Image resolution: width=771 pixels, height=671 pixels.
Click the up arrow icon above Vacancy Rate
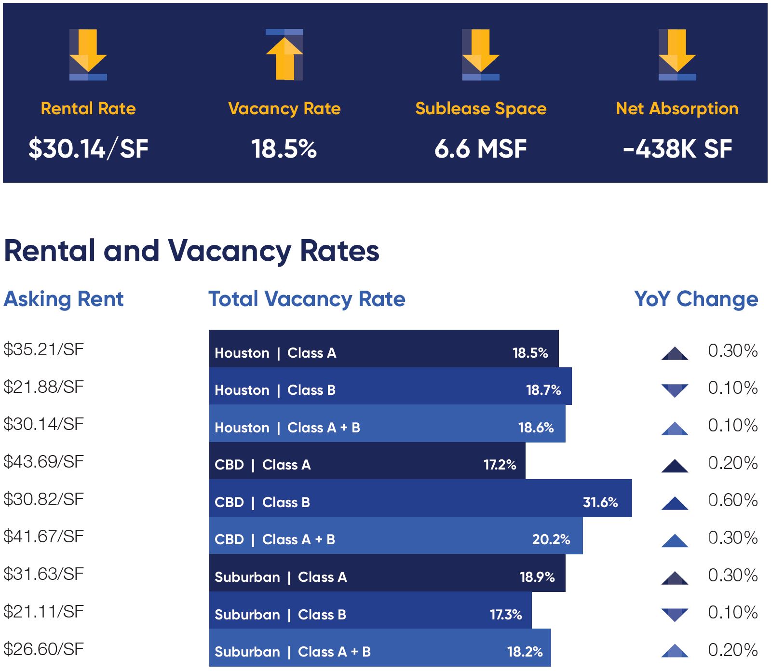tap(284, 54)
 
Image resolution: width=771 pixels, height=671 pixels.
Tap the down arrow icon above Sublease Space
tap(481, 54)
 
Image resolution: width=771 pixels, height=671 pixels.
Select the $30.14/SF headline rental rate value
tap(88, 148)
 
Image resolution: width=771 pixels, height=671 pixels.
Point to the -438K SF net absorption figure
tap(677, 148)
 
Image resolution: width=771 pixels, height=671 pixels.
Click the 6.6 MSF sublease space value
tap(480, 148)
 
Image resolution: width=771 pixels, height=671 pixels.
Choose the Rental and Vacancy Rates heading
tap(191, 251)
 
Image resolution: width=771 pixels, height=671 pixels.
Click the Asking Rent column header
tap(64, 299)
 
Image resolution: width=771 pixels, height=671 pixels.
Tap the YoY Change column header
tap(696, 299)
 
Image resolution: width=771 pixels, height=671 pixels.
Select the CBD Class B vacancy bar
tap(420, 498)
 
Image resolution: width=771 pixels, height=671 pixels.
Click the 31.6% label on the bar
tap(600, 502)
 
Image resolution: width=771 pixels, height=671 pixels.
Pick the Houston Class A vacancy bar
tap(384, 349)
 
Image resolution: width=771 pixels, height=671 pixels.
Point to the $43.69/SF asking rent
tap(44, 462)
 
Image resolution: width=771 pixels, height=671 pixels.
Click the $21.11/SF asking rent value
tap(44, 612)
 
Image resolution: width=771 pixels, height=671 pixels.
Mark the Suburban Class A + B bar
tap(380, 648)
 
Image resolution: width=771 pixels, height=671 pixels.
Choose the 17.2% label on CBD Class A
tap(500, 465)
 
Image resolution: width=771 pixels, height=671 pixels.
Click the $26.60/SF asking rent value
tap(44, 649)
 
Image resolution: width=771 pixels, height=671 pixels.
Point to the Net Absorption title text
tap(677, 108)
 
